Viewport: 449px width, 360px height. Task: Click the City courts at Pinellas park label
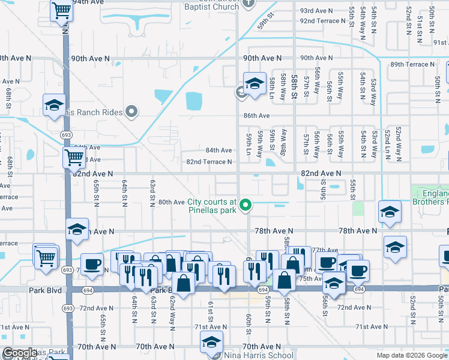(x=212, y=206)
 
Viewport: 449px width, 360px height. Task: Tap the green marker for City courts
(x=245, y=206)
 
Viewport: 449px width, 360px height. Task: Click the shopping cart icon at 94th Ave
(x=61, y=11)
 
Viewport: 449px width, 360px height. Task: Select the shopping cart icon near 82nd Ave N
(x=74, y=158)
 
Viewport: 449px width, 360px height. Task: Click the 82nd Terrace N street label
(x=209, y=162)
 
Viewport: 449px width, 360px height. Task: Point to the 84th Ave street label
(x=218, y=151)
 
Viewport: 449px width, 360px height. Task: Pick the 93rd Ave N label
(x=316, y=11)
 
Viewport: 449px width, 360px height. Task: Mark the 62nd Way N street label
(x=172, y=310)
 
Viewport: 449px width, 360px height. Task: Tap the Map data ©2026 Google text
(x=411, y=355)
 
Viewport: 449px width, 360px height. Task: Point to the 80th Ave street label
(x=171, y=202)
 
